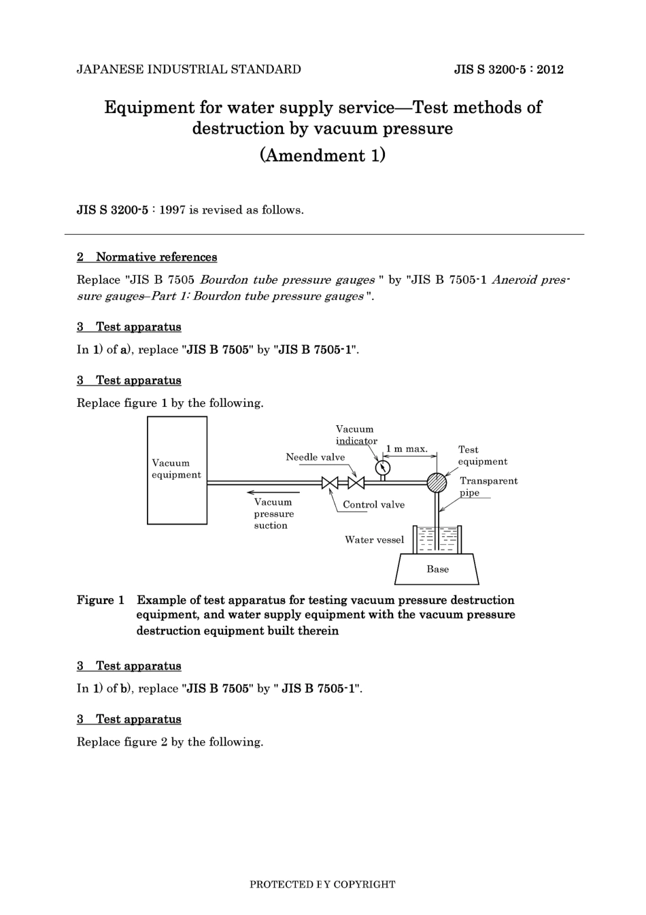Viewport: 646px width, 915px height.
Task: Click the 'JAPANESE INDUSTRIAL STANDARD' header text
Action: click(188, 69)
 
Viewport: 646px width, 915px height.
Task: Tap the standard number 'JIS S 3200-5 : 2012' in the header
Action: click(509, 69)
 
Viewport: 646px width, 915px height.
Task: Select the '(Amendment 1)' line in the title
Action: click(323, 155)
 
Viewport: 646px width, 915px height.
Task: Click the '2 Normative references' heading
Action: click(147, 257)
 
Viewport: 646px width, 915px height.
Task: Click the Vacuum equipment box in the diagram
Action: click(177, 470)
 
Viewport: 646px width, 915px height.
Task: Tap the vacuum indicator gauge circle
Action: click(383, 467)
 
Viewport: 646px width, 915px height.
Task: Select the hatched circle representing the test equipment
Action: click(437, 483)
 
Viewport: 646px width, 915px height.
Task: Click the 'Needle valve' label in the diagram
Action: click(315, 457)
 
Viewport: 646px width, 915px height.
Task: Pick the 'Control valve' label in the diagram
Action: click(373, 505)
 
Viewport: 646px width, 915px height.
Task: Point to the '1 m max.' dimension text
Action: click(407, 449)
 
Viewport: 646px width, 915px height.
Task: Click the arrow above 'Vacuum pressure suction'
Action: click(269, 491)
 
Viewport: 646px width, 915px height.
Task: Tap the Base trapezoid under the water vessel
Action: click(437, 569)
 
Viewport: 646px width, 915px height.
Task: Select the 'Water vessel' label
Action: click(374, 540)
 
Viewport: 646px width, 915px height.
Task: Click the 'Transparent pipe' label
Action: click(488, 486)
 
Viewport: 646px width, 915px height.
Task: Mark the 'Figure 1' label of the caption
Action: click(101, 600)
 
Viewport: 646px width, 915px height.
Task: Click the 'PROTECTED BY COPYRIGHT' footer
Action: click(322, 884)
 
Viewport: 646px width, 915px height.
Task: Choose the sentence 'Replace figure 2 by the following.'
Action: click(170, 742)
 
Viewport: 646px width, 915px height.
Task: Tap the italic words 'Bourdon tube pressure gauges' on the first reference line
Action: click(287, 280)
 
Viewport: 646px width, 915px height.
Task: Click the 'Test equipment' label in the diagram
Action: click(481, 456)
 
